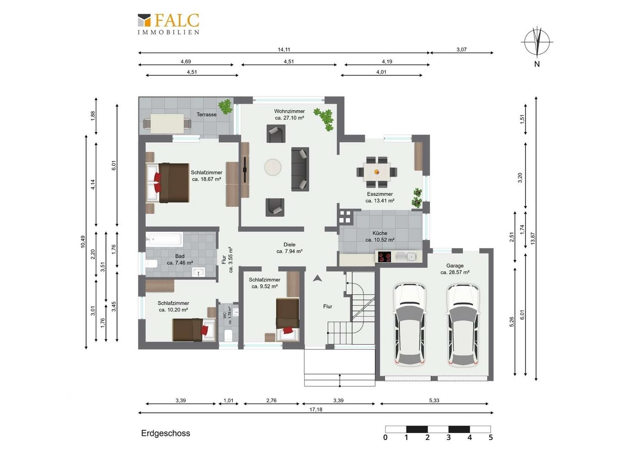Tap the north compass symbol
tap(537, 42)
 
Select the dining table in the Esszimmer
tap(377, 171)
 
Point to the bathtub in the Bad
tap(164, 239)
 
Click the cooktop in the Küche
tap(384, 257)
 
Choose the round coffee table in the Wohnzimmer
tap(273, 167)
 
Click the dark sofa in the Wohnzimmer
tap(300, 169)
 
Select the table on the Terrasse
tap(167, 123)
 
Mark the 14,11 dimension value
tap(284, 49)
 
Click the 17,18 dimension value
tap(316, 409)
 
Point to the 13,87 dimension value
tap(533, 238)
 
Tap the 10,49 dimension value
tap(83, 242)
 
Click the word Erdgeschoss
tap(166, 433)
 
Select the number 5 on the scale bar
tap(491, 437)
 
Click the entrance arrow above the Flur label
tap(317, 278)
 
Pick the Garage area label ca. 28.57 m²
tap(455, 272)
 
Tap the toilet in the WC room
tap(228, 335)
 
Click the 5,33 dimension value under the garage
tap(434, 400)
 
